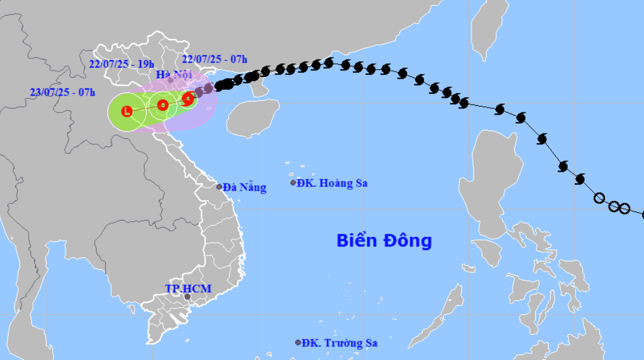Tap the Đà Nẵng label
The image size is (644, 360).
tap(244, 188)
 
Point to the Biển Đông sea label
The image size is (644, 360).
tap(384, 241)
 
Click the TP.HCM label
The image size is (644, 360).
tap(188, 288)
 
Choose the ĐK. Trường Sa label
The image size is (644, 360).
tap(339, 343)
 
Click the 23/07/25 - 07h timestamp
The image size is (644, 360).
tap(62, 92)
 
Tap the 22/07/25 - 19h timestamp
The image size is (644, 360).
tap(121, 64)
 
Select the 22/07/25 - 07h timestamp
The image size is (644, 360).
tap(214, 58)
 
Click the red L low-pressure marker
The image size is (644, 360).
tap(127, 111)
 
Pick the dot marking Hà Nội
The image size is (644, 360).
tap(170, 80)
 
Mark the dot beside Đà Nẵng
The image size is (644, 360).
tap(219, 187)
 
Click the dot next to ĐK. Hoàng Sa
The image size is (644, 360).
tap(293, 183)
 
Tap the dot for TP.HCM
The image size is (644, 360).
tap(187, 297)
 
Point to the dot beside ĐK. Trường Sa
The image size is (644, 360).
tap(298, 343)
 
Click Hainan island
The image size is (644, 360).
tap(254, 118)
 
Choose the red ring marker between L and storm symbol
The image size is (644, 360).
tap(162, 105)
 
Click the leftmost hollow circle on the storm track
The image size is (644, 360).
tap(599, 198)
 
